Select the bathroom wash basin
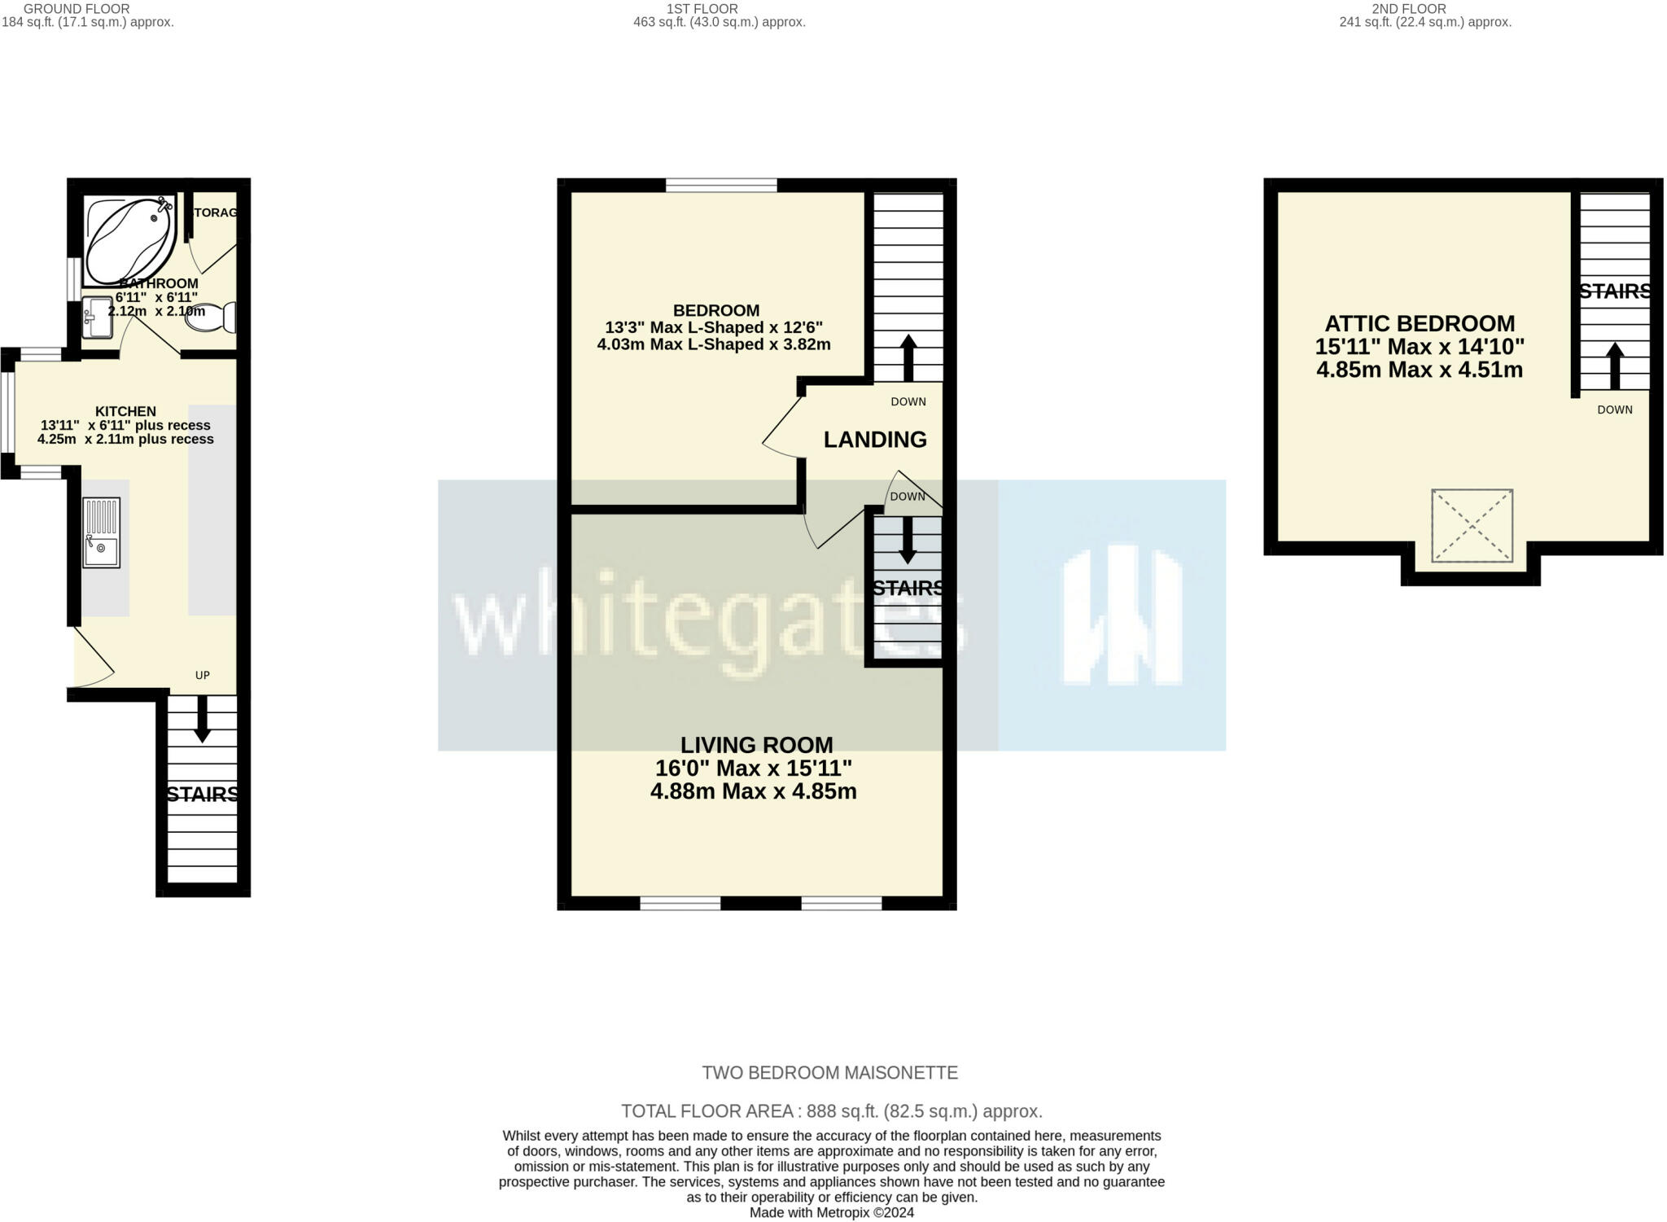(x=98, y=318)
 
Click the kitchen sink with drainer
(x=102, y=533)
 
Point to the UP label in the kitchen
(x=202, y=675)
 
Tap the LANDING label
(x=875, y=440)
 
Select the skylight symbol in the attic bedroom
(x=1472, y=525)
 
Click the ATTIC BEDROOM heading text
(x=1420, y=323)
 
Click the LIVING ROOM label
(x=756, y=745)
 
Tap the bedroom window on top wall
(x=721, y=186)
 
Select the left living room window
(x=680, y=902)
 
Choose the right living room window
(x=841, y=902)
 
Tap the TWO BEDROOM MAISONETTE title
(x=829, y=1073)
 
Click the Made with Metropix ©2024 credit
(x=831, y=1212)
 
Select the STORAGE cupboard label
(x=214, y=212)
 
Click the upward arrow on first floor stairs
(x=908, y=357)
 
